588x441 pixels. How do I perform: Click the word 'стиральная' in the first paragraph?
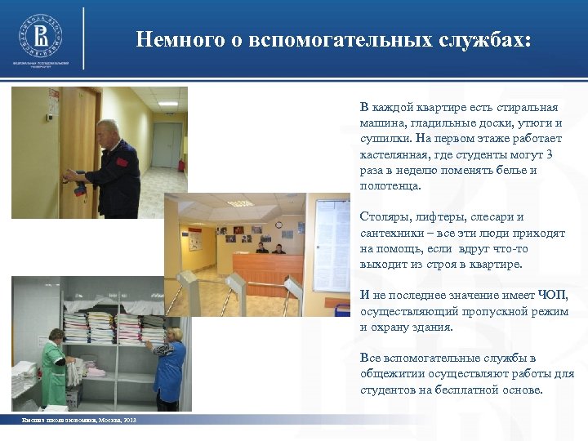click(x=527, y=107)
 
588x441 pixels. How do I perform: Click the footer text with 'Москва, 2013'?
click(x=78, y=420)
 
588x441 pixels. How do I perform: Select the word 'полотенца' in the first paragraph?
click(x=390, y=185)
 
